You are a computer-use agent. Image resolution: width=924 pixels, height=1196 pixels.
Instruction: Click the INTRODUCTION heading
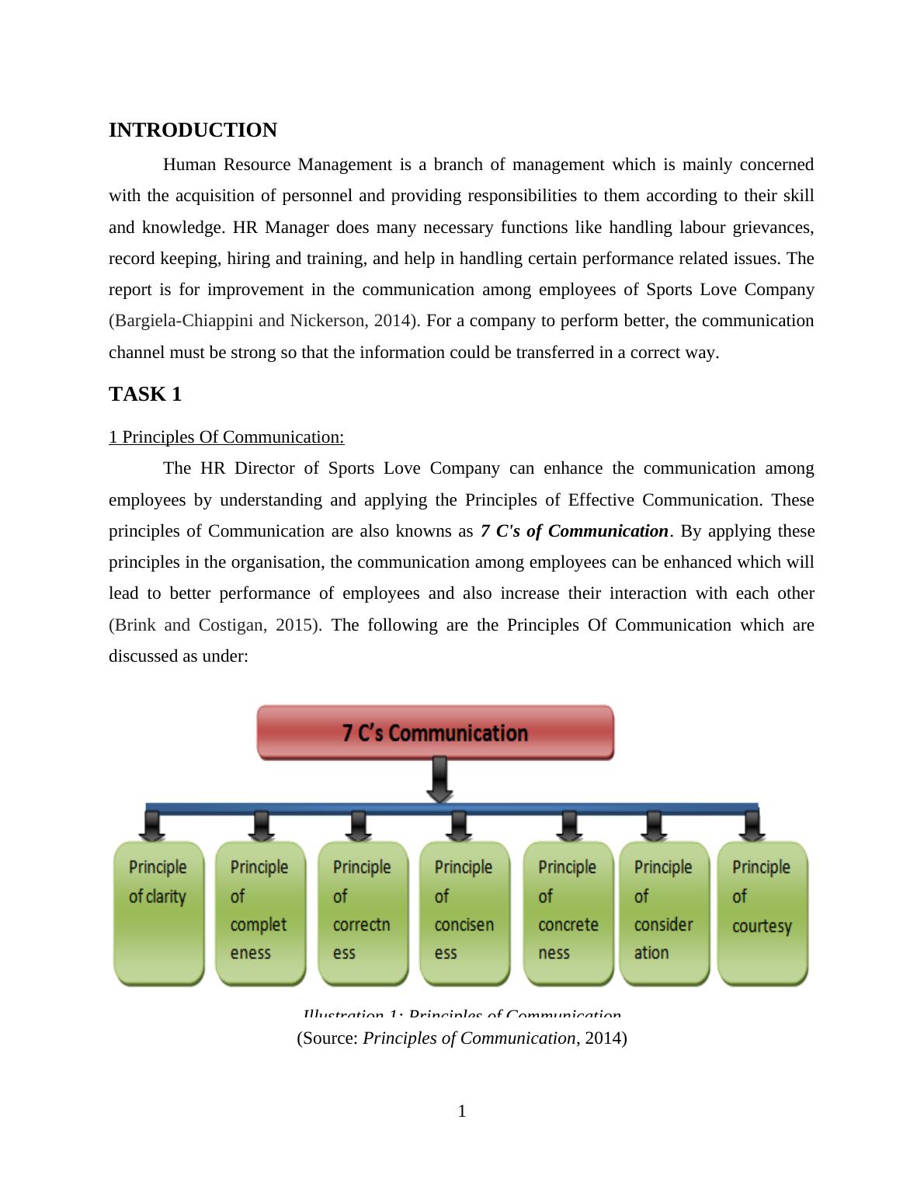coord(193,130)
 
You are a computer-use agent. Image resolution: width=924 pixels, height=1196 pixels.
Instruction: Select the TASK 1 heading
coord(145,394)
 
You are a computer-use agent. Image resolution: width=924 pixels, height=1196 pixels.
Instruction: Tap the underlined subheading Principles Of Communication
coord(226,437)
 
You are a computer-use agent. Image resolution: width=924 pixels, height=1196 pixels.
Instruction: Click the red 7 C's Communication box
coord(435,732)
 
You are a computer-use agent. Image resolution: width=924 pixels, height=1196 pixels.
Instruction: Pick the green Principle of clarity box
coord(158,913)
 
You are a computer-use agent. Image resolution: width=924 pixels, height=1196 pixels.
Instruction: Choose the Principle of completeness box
coord(260,913)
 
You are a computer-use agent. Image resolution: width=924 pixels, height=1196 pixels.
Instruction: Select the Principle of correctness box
coord(363,913)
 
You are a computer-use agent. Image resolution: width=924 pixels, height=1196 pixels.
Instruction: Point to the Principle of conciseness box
coord(464,913)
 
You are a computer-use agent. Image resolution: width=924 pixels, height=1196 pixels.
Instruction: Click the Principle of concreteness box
coord(568,913)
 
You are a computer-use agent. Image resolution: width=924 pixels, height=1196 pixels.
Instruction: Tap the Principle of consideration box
coord(664,913)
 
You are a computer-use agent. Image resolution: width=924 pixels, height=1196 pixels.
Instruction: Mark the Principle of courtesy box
coord(762,913)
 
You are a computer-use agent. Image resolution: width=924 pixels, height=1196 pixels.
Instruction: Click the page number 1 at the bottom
coord(462,1111)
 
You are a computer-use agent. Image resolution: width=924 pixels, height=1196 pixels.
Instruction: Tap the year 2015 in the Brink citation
coord(294,625)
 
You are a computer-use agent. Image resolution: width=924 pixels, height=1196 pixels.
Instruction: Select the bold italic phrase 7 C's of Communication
coord(575,531)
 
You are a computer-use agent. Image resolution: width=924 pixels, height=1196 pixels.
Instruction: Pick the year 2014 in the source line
coord(603,1038)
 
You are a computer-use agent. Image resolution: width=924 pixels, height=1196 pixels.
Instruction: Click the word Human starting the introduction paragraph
coord(189,165)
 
